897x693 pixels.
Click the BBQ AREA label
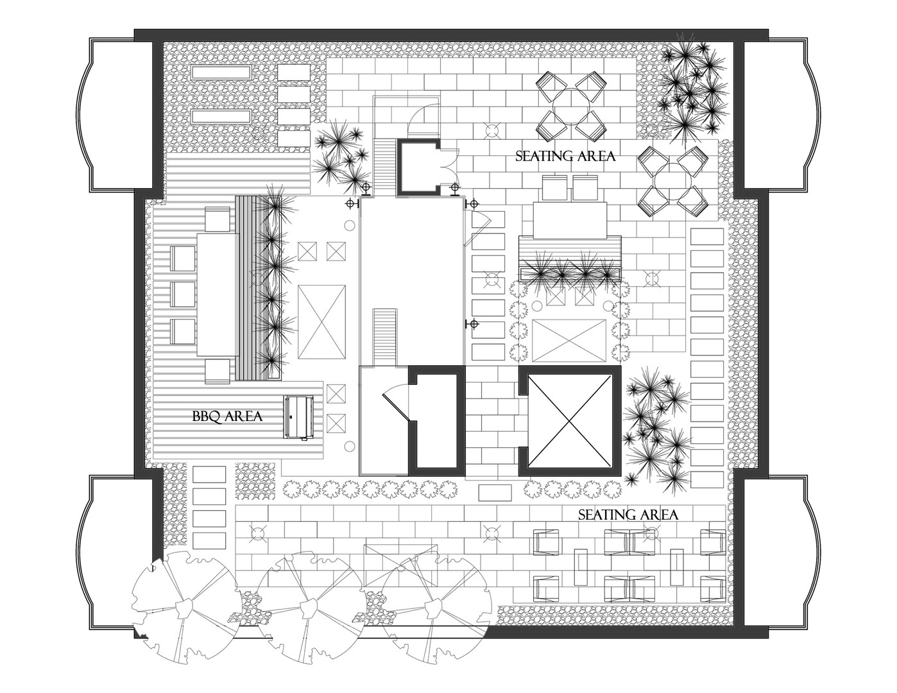227,416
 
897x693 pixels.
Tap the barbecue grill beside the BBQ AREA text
298,418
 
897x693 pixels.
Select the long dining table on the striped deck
217,295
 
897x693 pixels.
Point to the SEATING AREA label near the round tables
565,156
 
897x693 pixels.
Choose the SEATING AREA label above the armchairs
628,515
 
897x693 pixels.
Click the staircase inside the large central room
385,338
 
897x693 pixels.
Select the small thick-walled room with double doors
419,167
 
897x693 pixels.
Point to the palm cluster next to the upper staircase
339,157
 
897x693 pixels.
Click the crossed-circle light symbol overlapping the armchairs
651,534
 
